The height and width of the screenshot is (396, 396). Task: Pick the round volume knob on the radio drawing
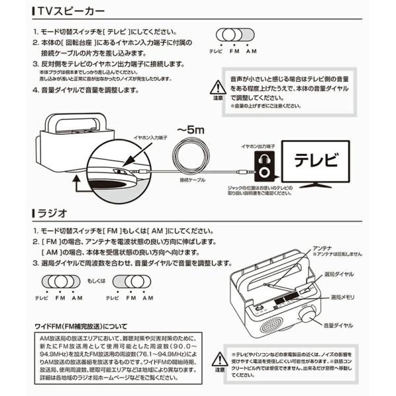[306, 313]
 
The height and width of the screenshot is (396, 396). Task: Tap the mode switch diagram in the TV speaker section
[236, 35]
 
